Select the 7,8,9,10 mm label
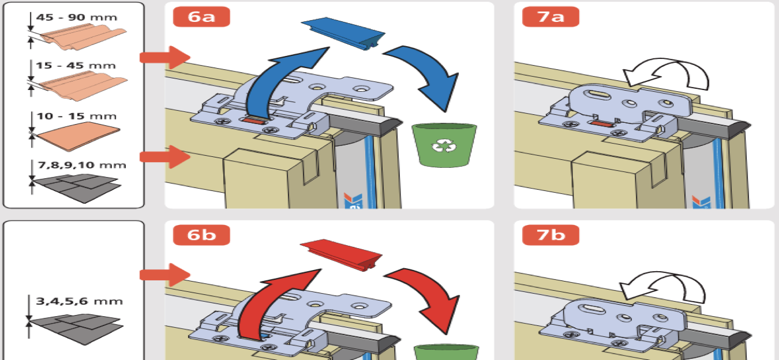tap(81, 165)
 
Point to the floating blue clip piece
tap(342, 35)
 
